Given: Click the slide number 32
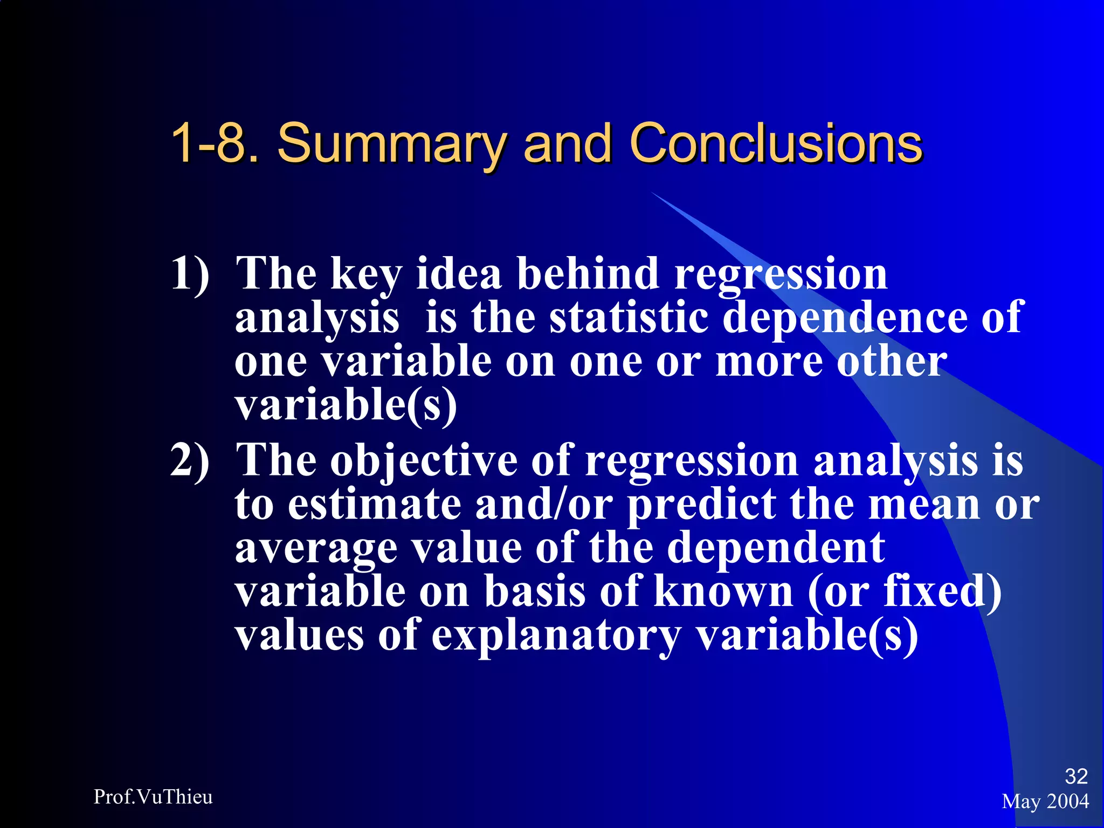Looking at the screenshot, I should point(1076,776).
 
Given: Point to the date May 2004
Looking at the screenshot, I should point(1045,802).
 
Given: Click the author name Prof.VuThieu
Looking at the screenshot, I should point(153,797).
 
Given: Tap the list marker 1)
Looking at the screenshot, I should point(190,274).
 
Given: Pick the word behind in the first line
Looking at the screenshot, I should point(588,273).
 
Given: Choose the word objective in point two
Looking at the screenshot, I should point(424,461).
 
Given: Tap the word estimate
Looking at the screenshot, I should point(375,505).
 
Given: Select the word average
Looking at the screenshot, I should point(316,549).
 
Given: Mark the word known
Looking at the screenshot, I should point(723,591).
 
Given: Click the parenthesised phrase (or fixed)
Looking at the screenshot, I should point(905,592).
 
